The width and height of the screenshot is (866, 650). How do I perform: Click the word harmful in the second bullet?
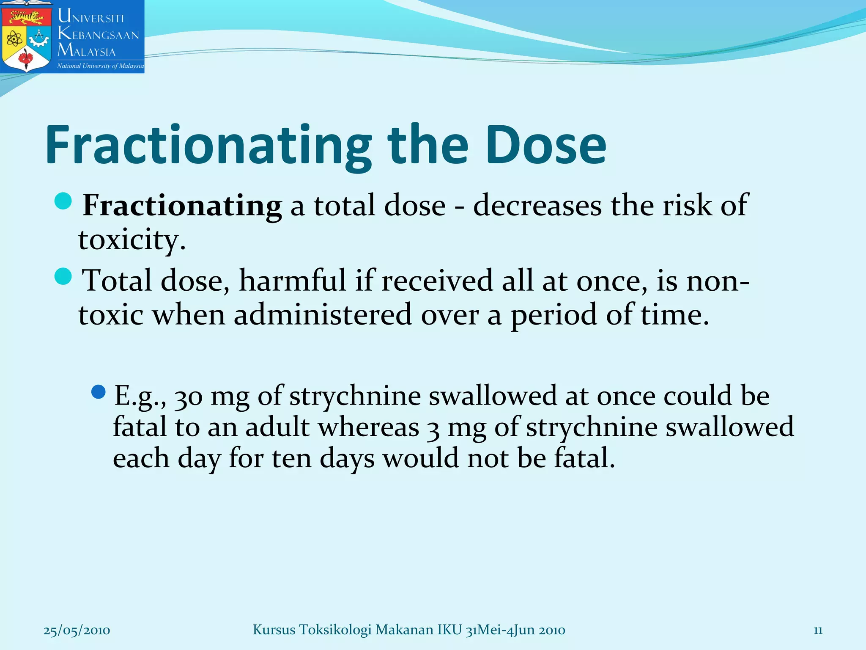(x=293, y=281)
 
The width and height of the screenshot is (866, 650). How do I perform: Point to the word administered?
(x=323, y=315)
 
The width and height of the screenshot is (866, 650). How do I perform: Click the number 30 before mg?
(x=189, y=397)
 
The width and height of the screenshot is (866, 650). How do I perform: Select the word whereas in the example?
(x=368, y=427)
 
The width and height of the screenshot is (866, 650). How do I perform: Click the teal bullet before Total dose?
(x=63, y=276)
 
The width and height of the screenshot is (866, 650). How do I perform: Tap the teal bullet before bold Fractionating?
(x=63, y=201)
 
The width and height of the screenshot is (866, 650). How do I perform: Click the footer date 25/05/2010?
(x=77, y=631)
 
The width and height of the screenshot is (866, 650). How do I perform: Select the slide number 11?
(x=818, y=631)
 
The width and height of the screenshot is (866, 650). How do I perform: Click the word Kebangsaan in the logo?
(x=99, y=34)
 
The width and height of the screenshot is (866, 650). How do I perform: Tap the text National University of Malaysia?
(x=100, y=66)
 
